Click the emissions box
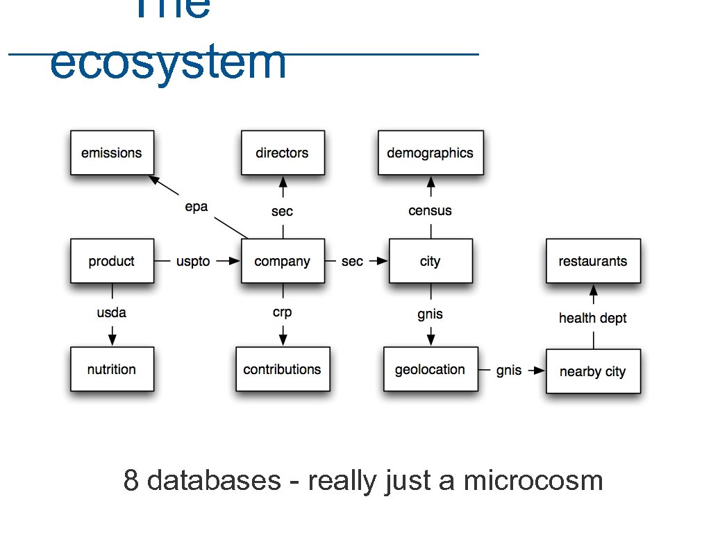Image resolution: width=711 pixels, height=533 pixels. [111, 153]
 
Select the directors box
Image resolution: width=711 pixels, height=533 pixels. [282, 153]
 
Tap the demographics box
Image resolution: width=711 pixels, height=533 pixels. [430, 153]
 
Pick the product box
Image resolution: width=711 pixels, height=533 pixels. [111, 261]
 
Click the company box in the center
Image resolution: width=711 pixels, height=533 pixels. [282, 261]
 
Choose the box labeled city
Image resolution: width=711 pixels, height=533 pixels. [430, 261]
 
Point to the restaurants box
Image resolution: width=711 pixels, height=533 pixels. [592, 261]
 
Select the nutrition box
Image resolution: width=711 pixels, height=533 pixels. [111, 369]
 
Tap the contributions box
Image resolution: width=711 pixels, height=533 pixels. [282, 369]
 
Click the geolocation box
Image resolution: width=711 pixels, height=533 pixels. [430, 369]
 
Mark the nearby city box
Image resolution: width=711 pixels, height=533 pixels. [592, 371]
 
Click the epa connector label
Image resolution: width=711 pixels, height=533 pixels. [196, 207]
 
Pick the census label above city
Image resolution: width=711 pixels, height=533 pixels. [430, 210]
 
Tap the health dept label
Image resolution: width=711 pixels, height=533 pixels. [592, 318]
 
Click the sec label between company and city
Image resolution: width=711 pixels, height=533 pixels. [352, 262]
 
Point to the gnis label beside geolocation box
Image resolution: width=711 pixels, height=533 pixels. [508, 371]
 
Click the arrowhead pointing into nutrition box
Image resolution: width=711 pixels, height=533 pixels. [112, 339]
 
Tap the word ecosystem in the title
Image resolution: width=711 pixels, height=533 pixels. [168, 62]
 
